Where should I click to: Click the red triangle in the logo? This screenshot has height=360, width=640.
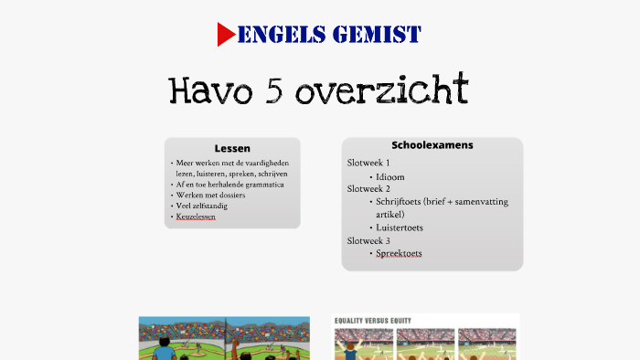pos(226,35)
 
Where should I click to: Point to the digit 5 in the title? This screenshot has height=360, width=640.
pos(272,90)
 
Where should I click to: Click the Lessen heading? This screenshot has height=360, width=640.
pos(232,148)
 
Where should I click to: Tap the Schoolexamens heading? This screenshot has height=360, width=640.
pos(432,145)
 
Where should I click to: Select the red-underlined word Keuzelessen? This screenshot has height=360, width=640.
pos(197,217)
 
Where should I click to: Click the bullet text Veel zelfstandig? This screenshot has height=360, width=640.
pos(202,206)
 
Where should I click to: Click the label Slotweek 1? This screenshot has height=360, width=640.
pos(368,163)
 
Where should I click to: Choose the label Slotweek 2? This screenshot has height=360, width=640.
pos(368,188)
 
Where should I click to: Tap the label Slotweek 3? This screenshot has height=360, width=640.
pos(368,240)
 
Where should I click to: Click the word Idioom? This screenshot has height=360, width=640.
pos(390,175)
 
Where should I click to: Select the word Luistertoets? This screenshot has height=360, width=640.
pos(400,228)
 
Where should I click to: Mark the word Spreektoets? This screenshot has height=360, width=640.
pos(399,253)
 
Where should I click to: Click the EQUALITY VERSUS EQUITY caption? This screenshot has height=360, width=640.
pos(373,321)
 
